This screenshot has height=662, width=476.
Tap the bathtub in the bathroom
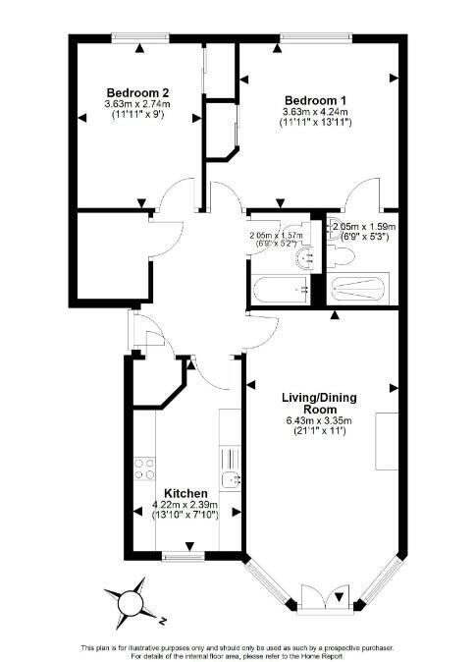tap(280, 290)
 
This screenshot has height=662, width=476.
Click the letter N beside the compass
tap(158, 619)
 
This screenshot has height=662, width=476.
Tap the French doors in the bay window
tap(321, 597)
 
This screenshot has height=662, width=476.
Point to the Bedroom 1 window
tap(307, 38)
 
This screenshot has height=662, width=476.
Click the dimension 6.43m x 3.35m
tap(319, 421)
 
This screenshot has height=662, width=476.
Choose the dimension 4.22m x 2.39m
tap(185, 506)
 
